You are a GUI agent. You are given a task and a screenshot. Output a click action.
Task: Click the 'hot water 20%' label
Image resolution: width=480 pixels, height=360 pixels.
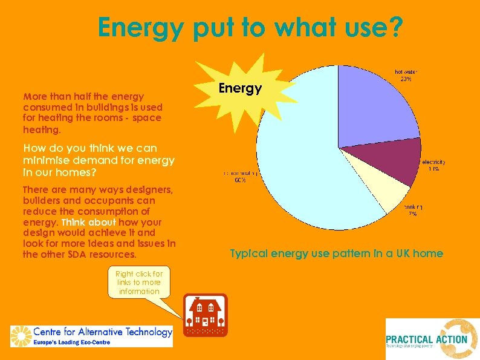[x=406, y=76]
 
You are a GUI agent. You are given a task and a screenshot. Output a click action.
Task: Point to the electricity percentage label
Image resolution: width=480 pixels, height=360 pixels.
[x=433, y=165]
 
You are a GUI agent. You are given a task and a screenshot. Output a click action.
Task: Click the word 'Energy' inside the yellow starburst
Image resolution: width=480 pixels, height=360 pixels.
[x=240, y=88]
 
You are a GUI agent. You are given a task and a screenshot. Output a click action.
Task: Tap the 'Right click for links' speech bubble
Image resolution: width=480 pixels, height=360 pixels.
[x=139, y=283]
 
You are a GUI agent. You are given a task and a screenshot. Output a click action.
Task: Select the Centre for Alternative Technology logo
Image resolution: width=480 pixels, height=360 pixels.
[x=91, y=336]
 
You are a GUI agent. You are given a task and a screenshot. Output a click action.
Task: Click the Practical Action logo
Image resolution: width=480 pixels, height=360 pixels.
[x=432, y=339]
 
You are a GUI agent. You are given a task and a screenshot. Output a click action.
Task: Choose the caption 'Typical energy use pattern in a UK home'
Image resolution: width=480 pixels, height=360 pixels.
[x=336, y=254]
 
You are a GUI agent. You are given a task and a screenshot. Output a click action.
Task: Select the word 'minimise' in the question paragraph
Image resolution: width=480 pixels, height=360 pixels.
[x=44, y=160]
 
